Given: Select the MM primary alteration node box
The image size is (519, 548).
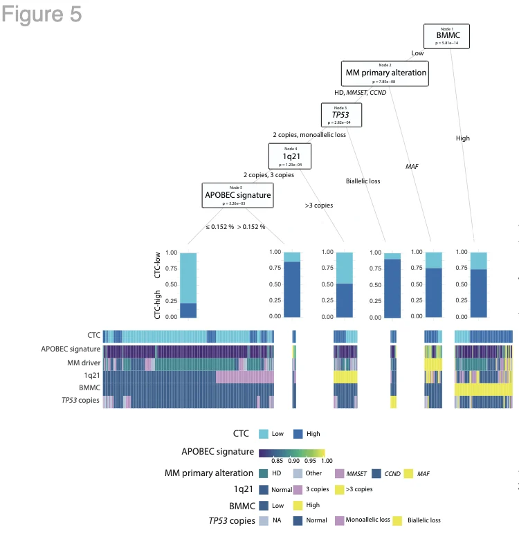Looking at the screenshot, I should coord(386,73).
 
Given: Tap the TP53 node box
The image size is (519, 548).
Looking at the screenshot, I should coord(339,114).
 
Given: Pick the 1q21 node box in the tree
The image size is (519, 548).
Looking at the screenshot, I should coord(290,156).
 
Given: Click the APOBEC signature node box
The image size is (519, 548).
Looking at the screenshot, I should coord(237,195).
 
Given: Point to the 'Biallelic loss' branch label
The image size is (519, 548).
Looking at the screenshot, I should coord(363,181).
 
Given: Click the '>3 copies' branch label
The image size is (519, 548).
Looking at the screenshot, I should coord(319,205).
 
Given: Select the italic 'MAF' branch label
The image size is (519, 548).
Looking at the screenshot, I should coord(412,167).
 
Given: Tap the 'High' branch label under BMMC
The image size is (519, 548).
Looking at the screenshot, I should coord(463,138).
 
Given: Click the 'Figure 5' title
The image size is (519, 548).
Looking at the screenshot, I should coord(42,15).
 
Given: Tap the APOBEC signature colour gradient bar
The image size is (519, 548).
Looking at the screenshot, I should coord(291,453).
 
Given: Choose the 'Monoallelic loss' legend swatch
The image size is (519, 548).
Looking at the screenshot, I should coord(340,520).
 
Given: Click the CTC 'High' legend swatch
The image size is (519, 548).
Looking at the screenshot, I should coord(297,433).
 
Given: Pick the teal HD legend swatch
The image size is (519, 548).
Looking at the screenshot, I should coord(264,473).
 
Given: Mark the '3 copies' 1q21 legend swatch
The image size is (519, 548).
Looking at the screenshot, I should coord(298,489).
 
